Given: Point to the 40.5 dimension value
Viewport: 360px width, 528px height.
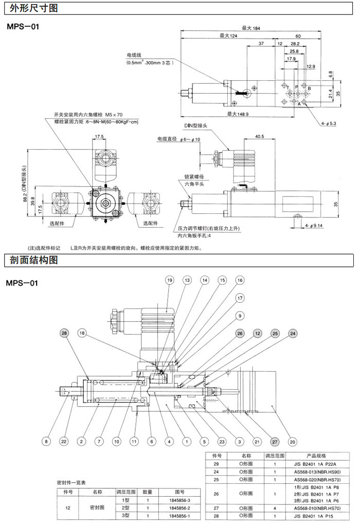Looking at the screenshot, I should (x=259, y=137).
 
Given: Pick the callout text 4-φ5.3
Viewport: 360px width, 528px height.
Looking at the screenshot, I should (x=329, y=124).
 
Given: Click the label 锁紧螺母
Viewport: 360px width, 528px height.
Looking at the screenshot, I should (x=194, y=176).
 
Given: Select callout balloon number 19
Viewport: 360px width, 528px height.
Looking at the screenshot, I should (x=170, y=280).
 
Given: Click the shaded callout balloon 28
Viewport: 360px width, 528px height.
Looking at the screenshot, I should (x=64, y=334).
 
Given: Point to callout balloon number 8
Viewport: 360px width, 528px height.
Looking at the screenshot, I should (x=46, y=441).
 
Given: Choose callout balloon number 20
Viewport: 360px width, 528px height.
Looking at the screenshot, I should (x=292, y=441).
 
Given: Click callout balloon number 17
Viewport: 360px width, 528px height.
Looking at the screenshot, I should (x=239, y=298).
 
